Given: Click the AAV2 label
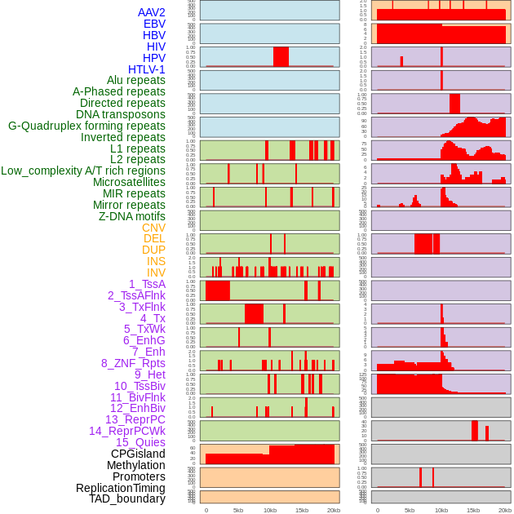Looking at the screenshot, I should point(152,12).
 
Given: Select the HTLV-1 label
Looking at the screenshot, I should point(147,69).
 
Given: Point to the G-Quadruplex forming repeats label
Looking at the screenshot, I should point(86,126).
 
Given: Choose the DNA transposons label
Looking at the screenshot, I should point(121,114).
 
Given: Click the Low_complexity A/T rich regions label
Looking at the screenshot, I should point(83,171).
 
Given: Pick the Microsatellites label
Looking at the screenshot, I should point(129,182).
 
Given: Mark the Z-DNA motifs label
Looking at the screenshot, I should point(132,216).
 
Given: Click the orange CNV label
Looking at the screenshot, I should point(153,228).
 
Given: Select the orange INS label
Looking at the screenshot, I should point(155,261).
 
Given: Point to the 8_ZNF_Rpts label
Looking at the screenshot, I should point(133,363).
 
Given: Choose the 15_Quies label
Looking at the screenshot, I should point(140,442).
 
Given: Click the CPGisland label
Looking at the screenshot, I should point(138,454).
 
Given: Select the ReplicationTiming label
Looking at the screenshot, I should point(121,488).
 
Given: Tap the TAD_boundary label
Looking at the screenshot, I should point(127,498).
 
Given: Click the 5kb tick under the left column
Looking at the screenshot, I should point(238,510).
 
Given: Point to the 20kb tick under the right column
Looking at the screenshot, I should point(505,510).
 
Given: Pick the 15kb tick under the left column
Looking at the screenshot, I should point(302,510).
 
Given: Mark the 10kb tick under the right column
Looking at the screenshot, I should point(441,510).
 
